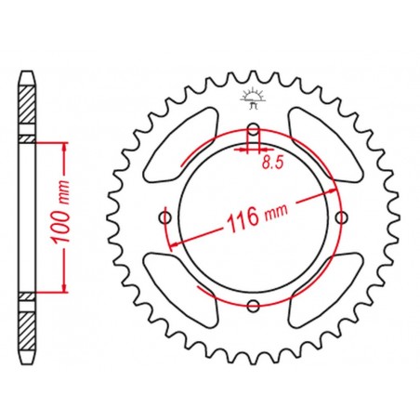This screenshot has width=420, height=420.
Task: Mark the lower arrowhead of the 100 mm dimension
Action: (x=62, y=286)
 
